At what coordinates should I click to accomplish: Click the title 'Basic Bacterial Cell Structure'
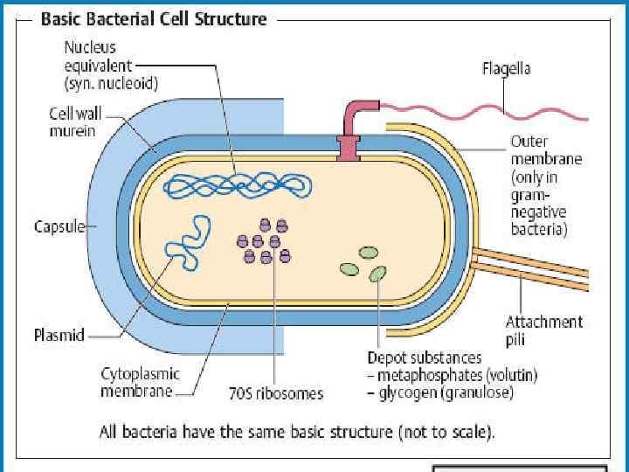pyautogui.click(x=154, y=18)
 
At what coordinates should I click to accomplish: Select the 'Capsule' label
pyautogui.click(x=59, y=227)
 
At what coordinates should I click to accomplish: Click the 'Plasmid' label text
pyautogui.click(x=59, y=334)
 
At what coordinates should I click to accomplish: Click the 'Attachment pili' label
pyautogui.click(x=543, y=330)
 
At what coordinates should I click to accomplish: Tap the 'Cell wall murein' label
pyautogui.click(x=73, y=122)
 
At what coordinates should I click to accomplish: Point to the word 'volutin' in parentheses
pyautogui.click(x=508, y=376)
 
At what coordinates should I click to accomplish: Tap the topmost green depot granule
pyautogui.click(x=370, y=253)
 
